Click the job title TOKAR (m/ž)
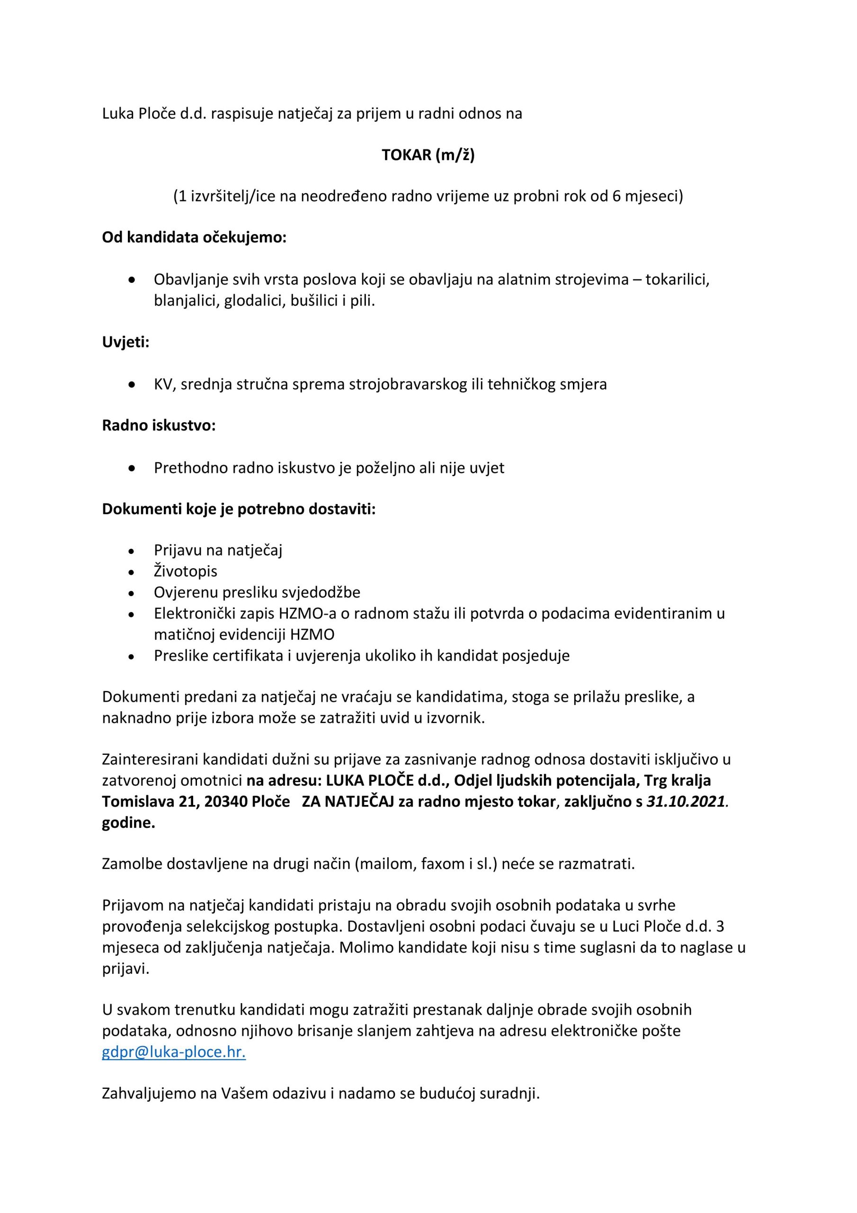pyautogui.click(x=428, y=155)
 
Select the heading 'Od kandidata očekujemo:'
pyautogui.click(x=194, y=237)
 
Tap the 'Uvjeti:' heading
pyautogui.click(x=125, y=342)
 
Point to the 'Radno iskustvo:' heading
pyautogui.click(x=159, y=425)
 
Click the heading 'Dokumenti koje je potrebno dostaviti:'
pyautogui.click(x=239, y=509)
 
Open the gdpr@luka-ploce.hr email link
pyautogui.click(x=174, y=1052)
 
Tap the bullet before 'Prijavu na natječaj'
pyautogui.click(x=132, y=551)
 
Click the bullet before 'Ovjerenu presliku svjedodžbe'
pyautogui.click(x=132, y=593)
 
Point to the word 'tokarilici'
pyautogui.click(x=677, y=279)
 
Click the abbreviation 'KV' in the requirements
pyautogui.click(x=163, y=384)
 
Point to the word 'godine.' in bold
pyautogui.click(x=128, y=823)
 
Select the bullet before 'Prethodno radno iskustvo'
pyautogui.click(x=132, y=469)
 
